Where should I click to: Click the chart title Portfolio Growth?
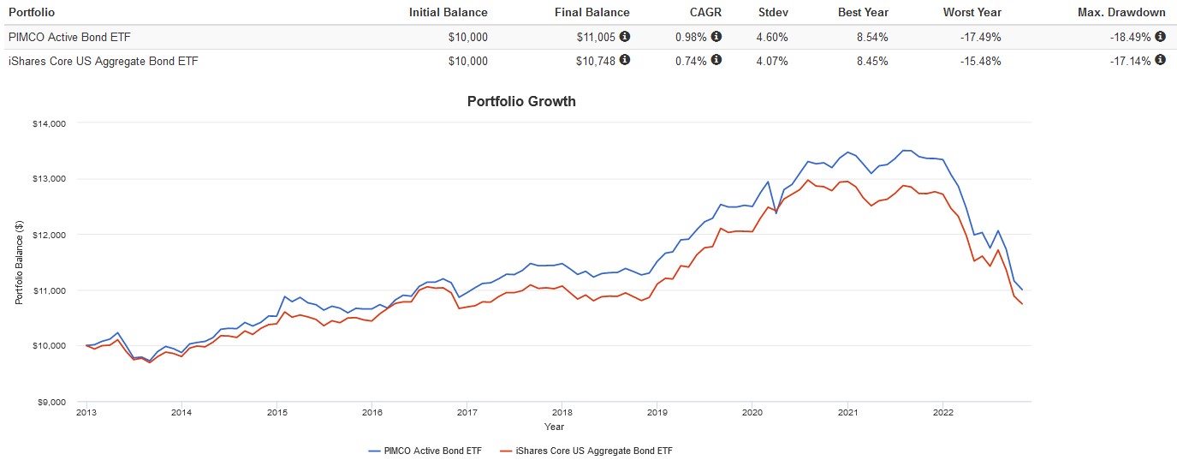(x=521, y=101)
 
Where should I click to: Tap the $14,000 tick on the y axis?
(x=50, y=123)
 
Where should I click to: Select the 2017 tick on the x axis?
(x=467, y=412)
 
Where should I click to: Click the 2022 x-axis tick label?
(x=942, y=412)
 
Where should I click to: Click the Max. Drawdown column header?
(x=1122, y=12)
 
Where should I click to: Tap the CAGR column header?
(x=704, y=12)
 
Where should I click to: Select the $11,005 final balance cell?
(x=597, y=37)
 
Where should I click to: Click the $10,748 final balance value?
(x=597, y=61)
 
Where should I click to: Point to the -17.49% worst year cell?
(x=978, y=37)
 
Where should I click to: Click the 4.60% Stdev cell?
(x=773, y=37)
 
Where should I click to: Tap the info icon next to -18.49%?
(x=1160, y=37)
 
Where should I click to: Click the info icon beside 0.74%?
(x=716, y=61)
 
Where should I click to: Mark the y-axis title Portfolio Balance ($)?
(x=19, y=262)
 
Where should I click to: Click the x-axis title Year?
(x=554, y=426)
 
